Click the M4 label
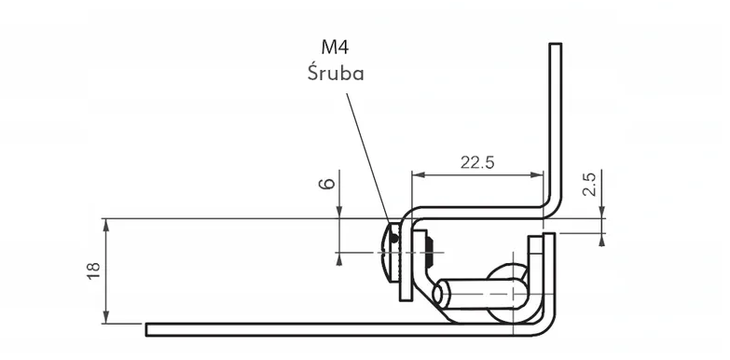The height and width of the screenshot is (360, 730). click(x=335, y=47)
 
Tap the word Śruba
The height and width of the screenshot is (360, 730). click(x=336, y=72)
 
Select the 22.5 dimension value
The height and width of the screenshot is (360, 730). click(x=477, y=162)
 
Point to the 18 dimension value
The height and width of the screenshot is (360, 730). click(x=93, y=271)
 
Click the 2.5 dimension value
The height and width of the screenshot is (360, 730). click(x=589, y=184)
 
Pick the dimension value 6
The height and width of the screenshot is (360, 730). click(x=327, y=184)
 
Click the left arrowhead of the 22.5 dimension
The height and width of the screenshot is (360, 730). click(x=418, y=175)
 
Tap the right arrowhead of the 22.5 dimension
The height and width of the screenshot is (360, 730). click(x=537, y=175)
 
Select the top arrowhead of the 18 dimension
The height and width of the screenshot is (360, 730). click(x=106, y=225)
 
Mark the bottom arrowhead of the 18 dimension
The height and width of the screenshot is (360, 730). click(x=106, y=317)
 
